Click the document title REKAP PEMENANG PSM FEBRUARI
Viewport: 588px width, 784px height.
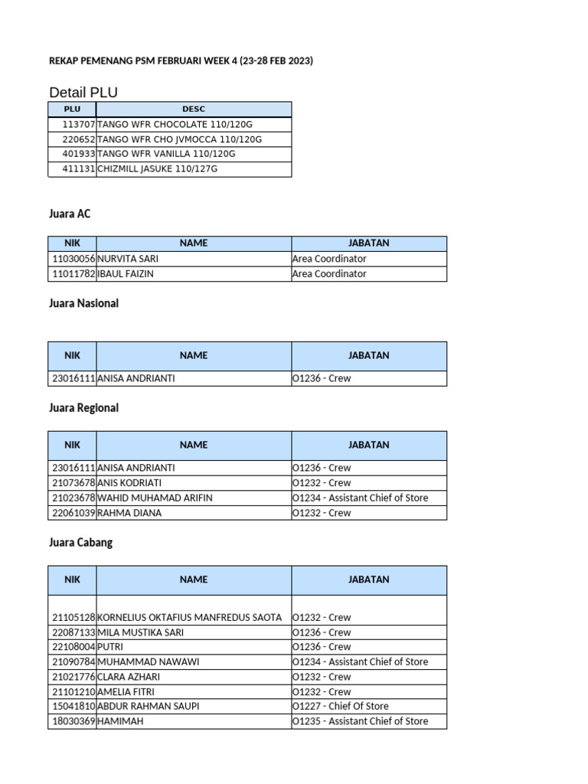[x=181, y=60]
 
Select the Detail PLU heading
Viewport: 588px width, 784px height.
[x=83, y=93]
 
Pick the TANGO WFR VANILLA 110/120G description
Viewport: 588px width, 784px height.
[x=166, y=154]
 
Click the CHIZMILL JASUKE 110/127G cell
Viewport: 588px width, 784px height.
[x=158, y=168]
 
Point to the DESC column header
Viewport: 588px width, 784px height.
[x=194, y=109]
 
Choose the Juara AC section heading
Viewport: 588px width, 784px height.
[x=70, y=214]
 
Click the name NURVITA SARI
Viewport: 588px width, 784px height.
[x=128, y=259]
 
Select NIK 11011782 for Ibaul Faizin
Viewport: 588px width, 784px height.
[x=73, y=274]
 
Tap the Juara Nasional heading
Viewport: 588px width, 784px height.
[x=83, y=303]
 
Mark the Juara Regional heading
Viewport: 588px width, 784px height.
[x=83, y=408]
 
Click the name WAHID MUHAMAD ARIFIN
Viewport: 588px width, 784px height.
[x=155, y=498]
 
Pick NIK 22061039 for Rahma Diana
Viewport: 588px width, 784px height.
[x=73, y=513]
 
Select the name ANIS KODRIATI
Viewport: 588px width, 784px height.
[x=130, y=483]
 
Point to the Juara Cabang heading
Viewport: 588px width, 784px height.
[x=80, y=542]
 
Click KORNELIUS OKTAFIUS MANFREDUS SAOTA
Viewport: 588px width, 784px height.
[x=190, y=617]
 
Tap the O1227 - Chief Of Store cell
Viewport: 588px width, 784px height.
[x=340, y=706]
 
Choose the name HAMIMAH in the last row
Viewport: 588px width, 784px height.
[x=120, y=721]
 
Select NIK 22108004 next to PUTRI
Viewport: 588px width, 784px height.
[x=73, y=647]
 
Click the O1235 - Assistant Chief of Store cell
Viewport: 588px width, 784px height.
[x=360, y=721]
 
